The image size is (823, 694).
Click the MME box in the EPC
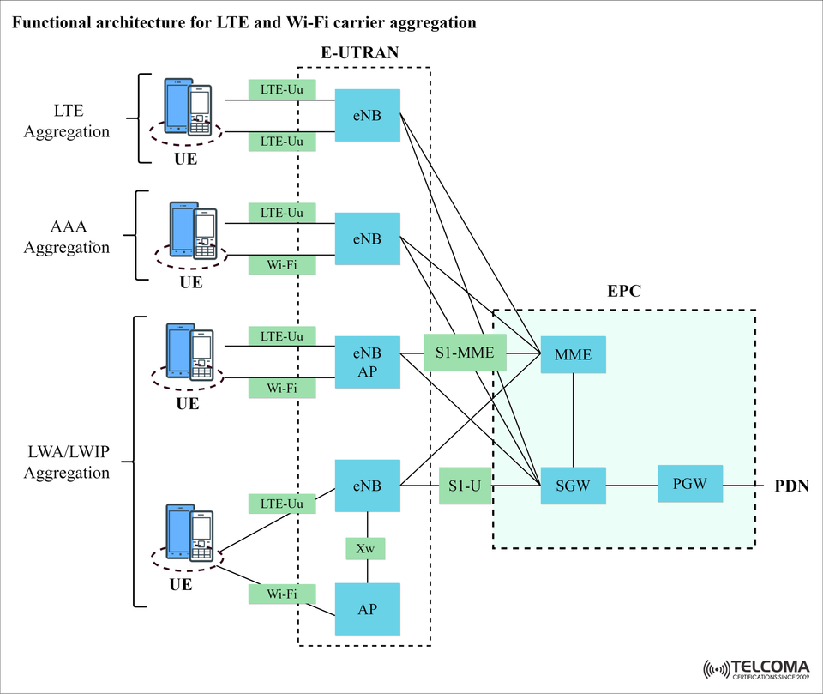573,354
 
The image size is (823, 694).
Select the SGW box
573,486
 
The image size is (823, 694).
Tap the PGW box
689,484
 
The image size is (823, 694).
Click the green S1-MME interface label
466,353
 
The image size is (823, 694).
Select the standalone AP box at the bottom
367,608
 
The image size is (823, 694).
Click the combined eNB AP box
367,361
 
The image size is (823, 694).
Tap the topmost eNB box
367,115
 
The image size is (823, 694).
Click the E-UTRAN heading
360,53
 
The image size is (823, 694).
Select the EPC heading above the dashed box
623,292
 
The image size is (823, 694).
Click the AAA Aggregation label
67,238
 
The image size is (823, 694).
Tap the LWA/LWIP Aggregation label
67,463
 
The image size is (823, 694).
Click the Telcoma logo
758,667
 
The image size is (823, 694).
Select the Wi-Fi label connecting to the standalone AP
282,594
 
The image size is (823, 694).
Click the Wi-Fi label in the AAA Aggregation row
282,265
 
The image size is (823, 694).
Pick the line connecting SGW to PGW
631,486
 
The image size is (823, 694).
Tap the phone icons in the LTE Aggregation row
188,107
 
